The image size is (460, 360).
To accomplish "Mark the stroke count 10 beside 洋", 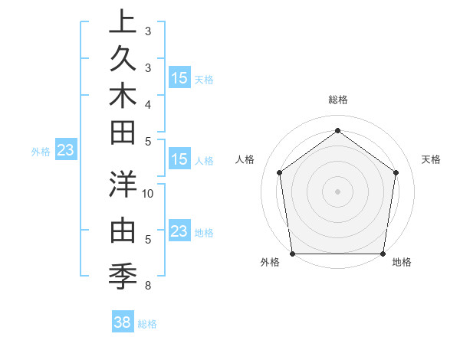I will pos(149,193).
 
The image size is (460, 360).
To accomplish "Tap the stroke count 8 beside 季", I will pos(148,286).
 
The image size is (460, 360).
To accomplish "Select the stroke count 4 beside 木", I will pos(148,103).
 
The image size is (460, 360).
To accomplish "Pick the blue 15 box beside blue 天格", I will pos(179,77).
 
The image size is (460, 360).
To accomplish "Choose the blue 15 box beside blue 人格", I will pos(179,159).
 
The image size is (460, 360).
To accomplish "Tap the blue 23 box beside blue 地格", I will pos(179,231).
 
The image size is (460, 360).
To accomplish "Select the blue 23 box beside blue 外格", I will pos(65,150).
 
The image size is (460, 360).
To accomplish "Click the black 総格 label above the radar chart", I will pos(337,100).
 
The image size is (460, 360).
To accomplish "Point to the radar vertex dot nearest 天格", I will pos(396,172).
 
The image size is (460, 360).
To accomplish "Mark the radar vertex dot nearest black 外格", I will pos(292,254).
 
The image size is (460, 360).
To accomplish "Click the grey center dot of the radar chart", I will pos(337,191).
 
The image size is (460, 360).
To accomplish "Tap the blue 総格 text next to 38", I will pos(148,324).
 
